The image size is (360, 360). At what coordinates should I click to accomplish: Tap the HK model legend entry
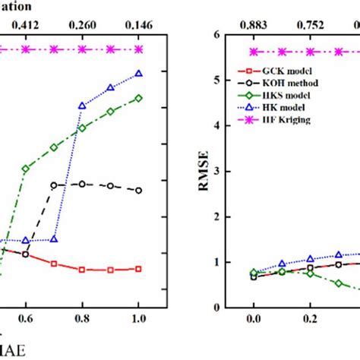(x=270, y=107)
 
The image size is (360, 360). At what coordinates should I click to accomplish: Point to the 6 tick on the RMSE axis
(x=220, y=35)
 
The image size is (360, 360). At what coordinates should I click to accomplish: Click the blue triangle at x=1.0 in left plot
(x=139, y=74)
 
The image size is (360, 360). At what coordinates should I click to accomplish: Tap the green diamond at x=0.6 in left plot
(x=26, y=169)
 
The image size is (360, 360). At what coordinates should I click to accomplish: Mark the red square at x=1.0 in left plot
(x=139, y=269)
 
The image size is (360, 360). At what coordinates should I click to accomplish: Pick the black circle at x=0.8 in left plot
(x=82, y=184)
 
